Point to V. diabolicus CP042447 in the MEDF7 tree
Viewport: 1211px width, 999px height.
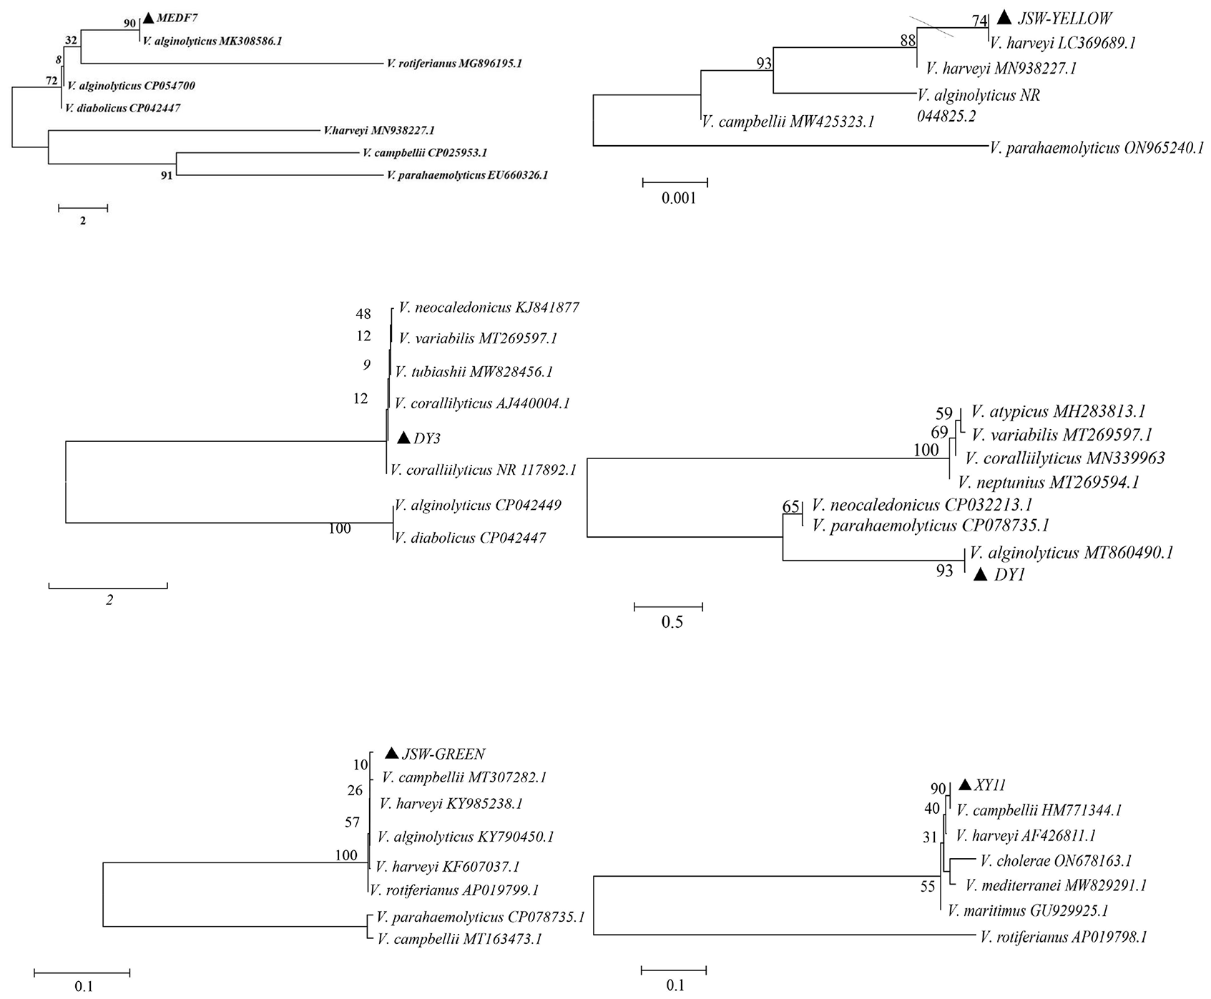coord(122,109)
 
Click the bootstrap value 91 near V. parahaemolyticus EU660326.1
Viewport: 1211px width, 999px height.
coord(166,175)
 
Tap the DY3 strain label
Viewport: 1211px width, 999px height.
coord(426,438)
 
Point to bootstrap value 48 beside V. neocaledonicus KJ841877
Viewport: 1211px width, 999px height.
coord(363,313)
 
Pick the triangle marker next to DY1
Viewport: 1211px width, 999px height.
coord(980,574)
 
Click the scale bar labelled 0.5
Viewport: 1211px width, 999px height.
coord(668,607)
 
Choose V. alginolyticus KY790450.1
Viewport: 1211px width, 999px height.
coord(466,837)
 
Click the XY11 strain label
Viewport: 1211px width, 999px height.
coord(990,785)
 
